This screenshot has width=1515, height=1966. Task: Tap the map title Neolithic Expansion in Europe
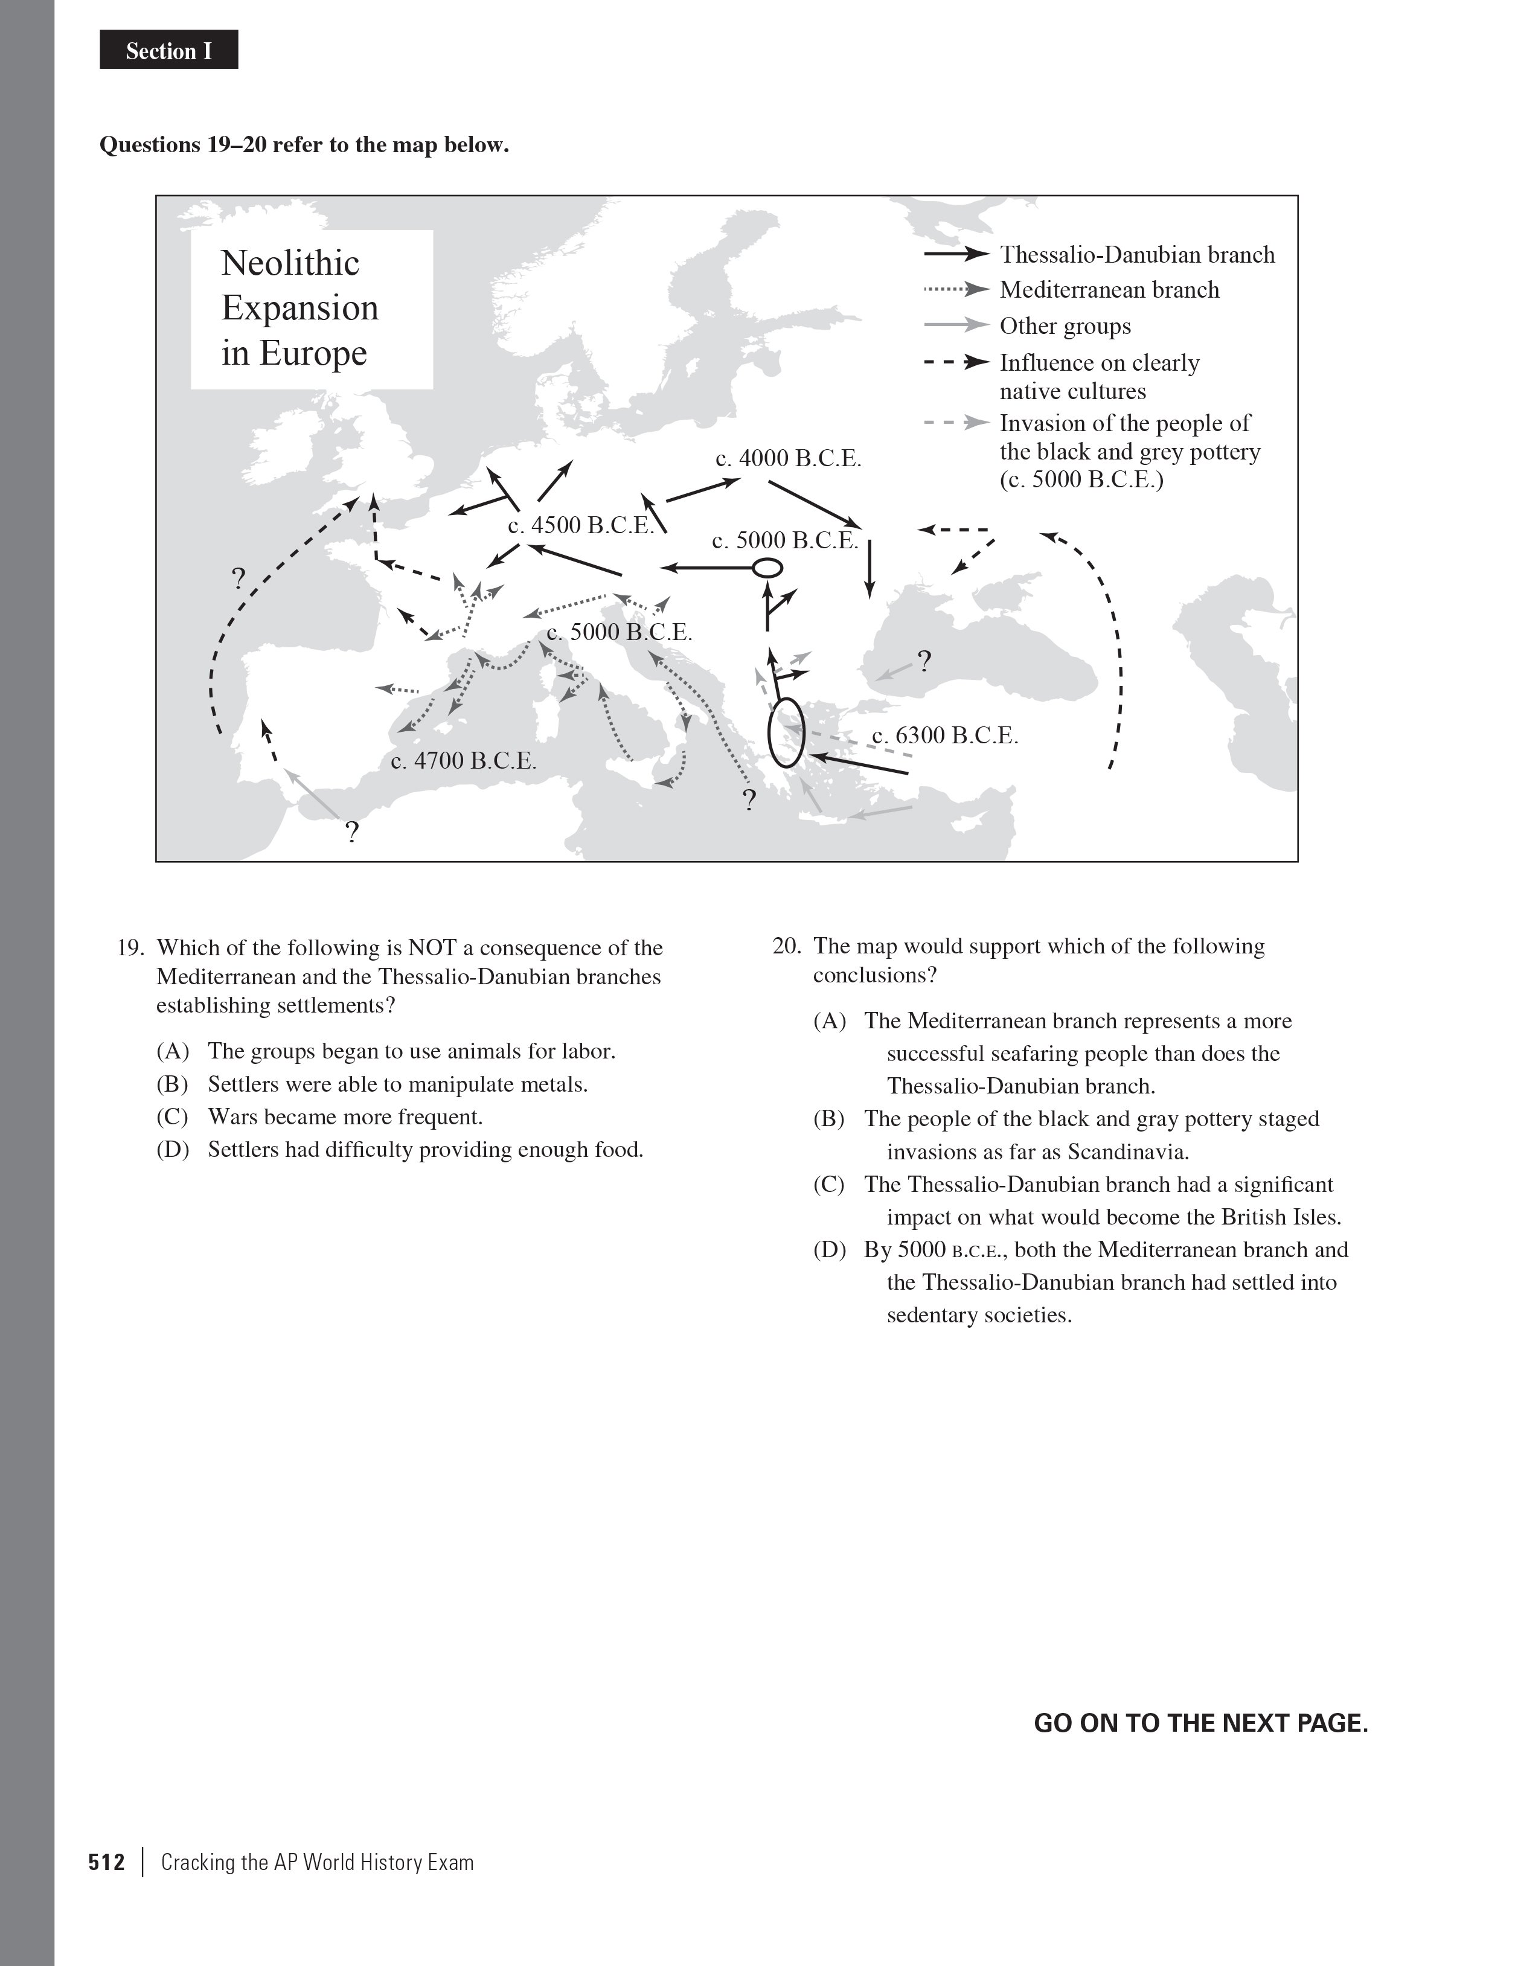(x=299, y=308)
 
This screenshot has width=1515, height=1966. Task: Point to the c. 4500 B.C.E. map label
(x=581, y=526)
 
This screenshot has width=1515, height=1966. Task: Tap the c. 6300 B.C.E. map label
(x=945, y=735)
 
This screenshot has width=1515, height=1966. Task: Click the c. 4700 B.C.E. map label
(x=464, y=761)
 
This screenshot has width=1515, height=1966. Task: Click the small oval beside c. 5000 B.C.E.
(x=767, y=568)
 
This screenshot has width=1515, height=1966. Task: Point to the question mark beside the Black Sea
(x=924, y=662)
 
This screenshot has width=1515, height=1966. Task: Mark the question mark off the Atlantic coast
(x=239, y=578)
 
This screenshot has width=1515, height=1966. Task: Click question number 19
(x=132, y=948)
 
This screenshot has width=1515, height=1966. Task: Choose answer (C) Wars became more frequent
(x=345, y=1117)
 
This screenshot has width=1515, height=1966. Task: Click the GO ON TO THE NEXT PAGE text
(x=1200, y=1723)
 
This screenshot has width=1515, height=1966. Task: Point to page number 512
(x=106, y=1862)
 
